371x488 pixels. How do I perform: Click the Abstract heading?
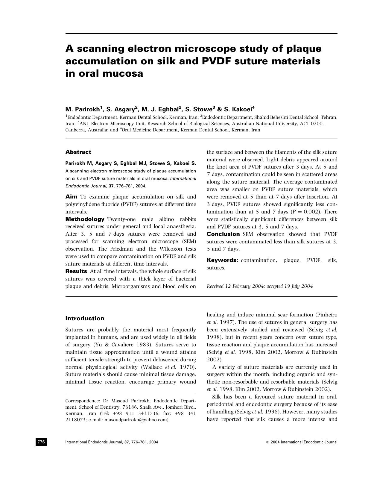(78, 152)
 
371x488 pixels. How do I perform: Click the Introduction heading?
(85, 319)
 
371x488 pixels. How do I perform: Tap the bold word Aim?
(71, 197)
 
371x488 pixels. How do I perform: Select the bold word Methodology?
(85, 219)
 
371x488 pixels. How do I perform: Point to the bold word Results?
(76, 271)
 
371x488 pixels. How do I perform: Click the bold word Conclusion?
(223, 234)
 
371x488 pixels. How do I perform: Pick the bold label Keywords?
(222, 260)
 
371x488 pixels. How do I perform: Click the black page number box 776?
(41, 442)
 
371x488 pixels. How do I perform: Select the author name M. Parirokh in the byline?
(83, 109)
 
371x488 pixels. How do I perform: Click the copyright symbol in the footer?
(268, 442)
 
